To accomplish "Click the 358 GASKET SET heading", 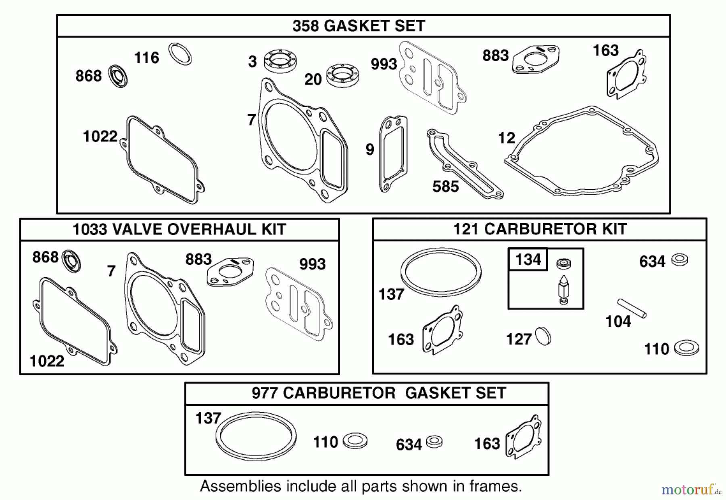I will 358,26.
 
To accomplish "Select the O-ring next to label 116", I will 180,54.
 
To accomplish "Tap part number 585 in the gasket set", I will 445,187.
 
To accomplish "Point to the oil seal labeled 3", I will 280,61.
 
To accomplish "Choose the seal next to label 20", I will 343,75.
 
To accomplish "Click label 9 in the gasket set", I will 369,149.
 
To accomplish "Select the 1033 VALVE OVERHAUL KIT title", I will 179,229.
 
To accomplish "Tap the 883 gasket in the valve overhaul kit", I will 230,272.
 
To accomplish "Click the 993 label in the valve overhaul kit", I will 312,264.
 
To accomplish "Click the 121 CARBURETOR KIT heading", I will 540,229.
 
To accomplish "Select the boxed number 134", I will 528,259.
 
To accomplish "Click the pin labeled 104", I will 632,308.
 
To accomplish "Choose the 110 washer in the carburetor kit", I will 686,348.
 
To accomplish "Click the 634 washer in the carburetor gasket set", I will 434,441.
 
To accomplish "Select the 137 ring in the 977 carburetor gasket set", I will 256,436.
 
